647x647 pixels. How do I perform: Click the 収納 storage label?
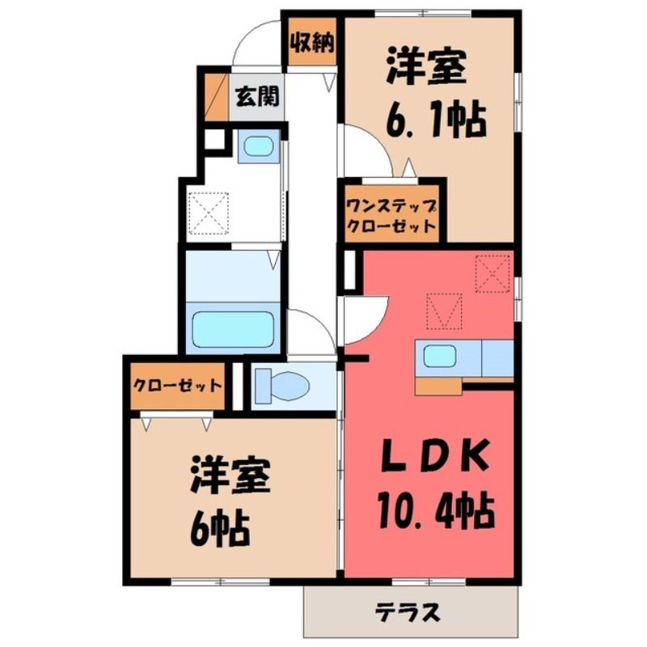coord(312,43)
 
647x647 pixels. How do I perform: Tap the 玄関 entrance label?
coord(257,96)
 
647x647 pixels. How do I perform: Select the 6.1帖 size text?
coord(436,119)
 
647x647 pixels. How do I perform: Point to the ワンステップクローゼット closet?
coord(391,215)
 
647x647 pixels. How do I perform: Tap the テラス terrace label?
coord(408,612)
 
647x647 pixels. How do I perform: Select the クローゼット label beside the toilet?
coord(177,386)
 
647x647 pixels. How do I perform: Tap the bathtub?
coord(233,330)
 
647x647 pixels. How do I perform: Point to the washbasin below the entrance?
coord(258,146)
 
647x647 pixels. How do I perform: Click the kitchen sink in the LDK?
coord(440,357)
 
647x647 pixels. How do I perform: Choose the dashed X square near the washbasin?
coord(209,213)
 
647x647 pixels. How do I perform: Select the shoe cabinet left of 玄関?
coord(217,97)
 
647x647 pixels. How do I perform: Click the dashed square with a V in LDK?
coord(444,311)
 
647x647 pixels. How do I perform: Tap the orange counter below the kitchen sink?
coord(438,387)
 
